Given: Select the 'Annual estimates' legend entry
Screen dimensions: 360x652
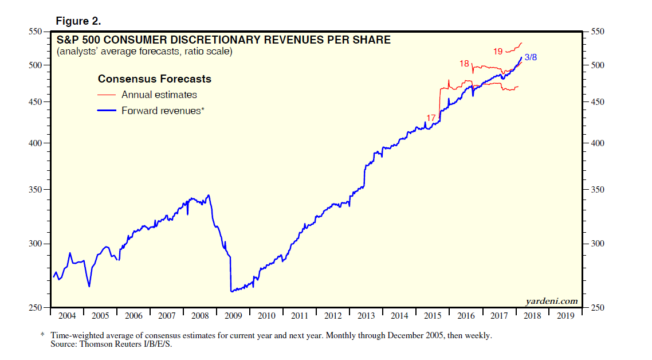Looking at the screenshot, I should click(159, 95).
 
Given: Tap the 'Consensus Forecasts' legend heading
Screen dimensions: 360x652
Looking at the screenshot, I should click(155, 79).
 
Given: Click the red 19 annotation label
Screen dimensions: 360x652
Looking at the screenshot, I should click(498, 52).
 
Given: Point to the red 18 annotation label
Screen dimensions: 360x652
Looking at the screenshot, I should click(464, 63).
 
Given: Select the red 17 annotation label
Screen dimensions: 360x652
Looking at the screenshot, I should click(431, 118).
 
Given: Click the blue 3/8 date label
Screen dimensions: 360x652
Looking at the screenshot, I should click(531, 58).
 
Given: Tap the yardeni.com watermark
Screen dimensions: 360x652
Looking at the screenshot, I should click(551, 301).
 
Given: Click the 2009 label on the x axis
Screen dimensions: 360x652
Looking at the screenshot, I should click(233, 316).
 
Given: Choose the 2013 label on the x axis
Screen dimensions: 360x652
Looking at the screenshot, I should click(366, 316).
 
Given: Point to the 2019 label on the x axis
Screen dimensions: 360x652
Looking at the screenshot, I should click(566, 316).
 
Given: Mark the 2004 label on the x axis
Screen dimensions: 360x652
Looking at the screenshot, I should click(66, 316).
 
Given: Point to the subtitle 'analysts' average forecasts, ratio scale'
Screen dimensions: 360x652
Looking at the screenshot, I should click(144, 52).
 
